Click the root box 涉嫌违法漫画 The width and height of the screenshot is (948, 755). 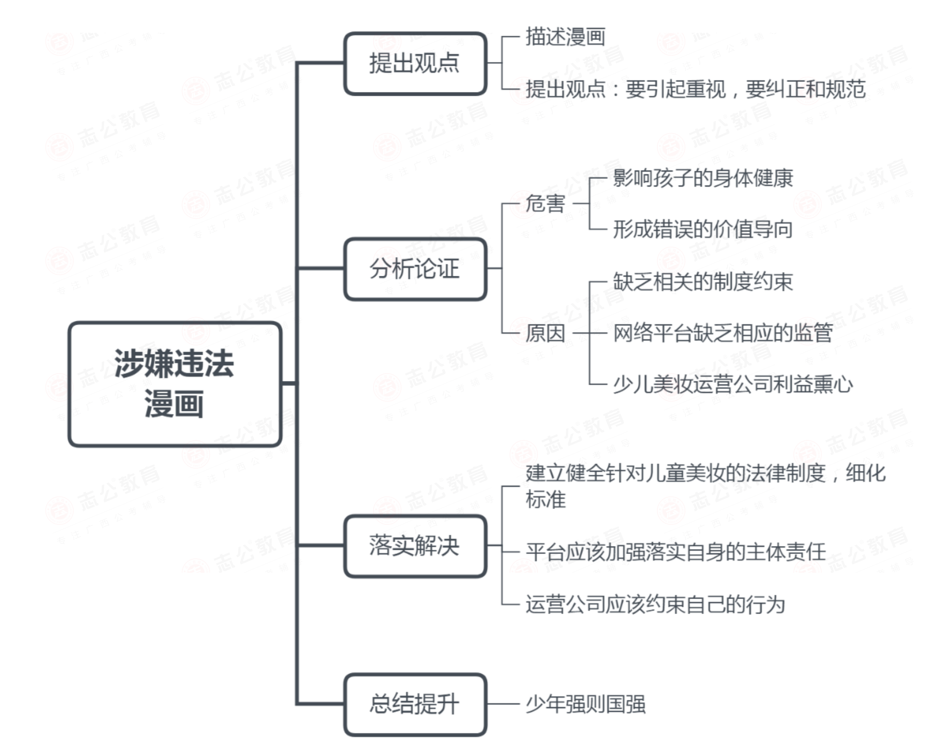point(175,384)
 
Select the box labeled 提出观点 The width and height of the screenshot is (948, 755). point(415,63)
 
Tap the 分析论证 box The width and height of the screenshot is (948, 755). point(415,269)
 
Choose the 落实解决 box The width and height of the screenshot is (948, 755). point(415,546)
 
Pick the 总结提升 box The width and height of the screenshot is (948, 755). point(415,704)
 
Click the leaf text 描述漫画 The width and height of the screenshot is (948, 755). point(565,36)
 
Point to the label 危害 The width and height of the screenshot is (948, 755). point(545,204)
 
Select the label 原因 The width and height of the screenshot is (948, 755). point(545,333)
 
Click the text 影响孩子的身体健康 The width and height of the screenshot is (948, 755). point(703,178)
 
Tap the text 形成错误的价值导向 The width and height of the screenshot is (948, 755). point(703,229)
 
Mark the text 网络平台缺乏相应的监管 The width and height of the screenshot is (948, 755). point(723,333)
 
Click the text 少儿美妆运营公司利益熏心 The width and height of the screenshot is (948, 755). point(733,384)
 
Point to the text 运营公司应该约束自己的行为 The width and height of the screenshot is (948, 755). point(655,605)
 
